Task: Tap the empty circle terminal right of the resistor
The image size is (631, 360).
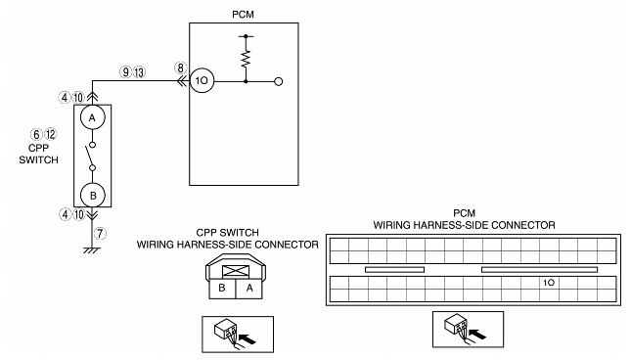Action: pos(279,82)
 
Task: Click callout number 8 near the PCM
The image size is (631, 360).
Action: pos(180,68)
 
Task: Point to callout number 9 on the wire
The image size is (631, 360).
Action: pos(125,71)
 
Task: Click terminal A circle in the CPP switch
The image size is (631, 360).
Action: pos(93,118)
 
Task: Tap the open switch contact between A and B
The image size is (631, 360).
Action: pos(93,155)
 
